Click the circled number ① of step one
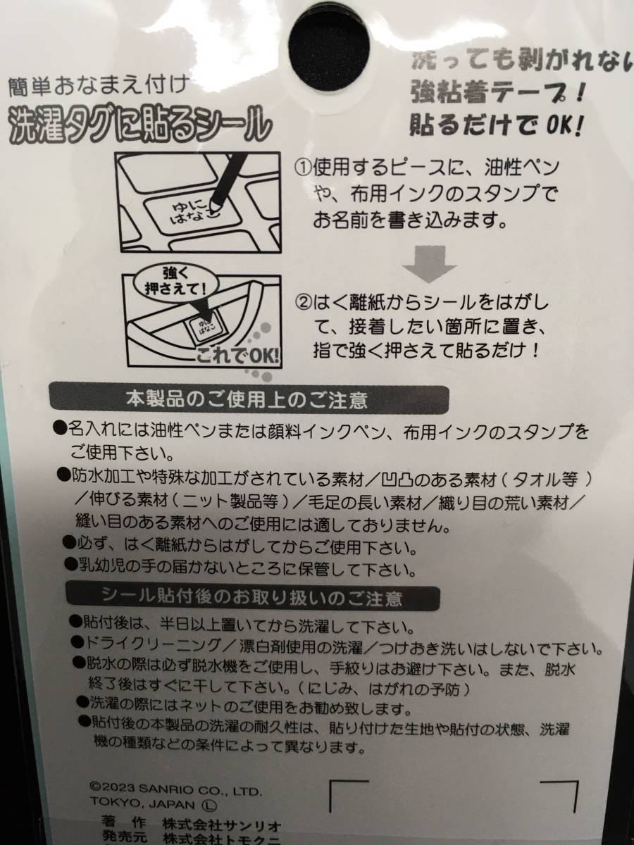(x=302, y=169)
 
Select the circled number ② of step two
(x=302, y=303)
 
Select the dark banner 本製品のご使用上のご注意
(x=247, y=401)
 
